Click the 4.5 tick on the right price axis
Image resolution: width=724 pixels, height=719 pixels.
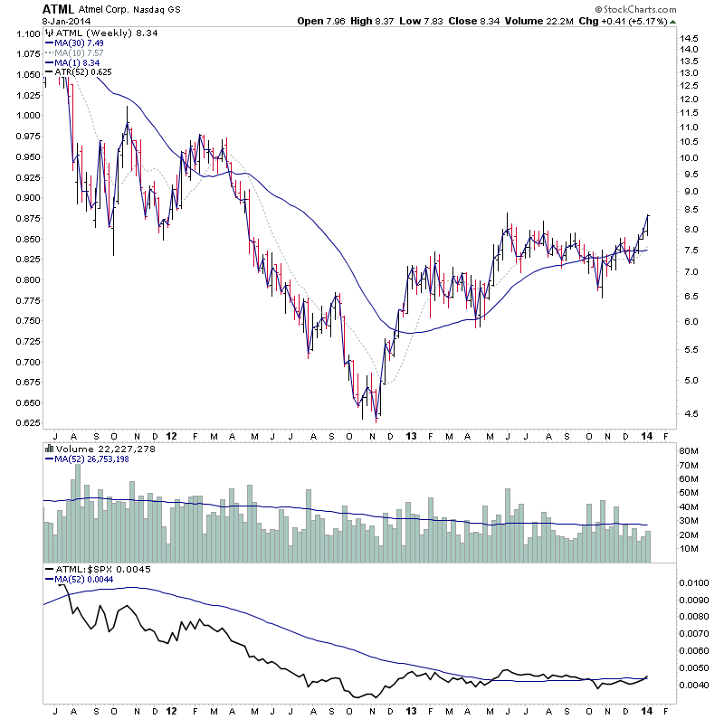click(691, 414)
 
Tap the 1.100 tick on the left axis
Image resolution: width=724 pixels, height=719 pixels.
click(25, 34)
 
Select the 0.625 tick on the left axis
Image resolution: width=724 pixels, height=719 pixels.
click(25, 422)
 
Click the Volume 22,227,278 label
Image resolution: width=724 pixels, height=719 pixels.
click(100, 448)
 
